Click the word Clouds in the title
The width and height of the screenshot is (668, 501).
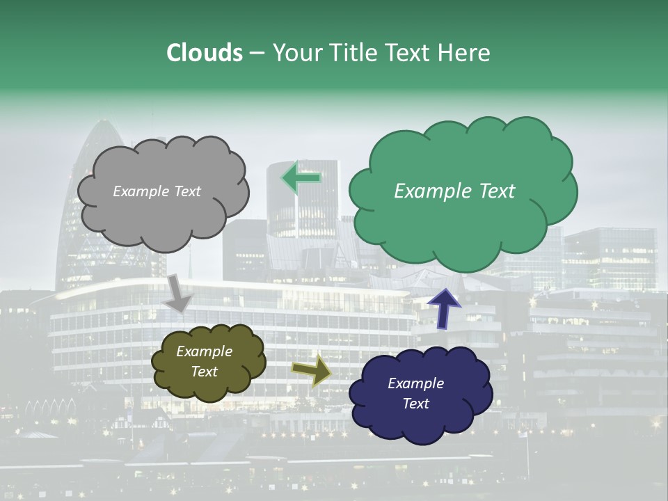click(205, 53)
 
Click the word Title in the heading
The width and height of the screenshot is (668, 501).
click(353, 53)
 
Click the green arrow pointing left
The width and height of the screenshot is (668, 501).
click(301, 177)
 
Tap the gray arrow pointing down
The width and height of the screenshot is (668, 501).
click(177, 293)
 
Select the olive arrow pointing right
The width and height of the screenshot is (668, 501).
click(312, 370)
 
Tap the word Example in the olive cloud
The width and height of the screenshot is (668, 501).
click(204, 351)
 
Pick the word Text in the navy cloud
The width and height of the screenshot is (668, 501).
click(416, 404)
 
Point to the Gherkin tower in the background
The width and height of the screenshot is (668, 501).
click(94, 209)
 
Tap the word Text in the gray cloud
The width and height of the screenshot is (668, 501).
click(187, 191)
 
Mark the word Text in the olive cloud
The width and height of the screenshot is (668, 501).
click(204, 372)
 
